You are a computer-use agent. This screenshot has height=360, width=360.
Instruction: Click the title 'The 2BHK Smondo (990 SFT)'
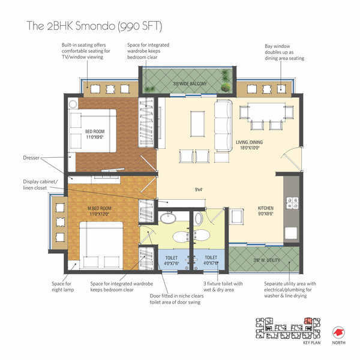[94, 26]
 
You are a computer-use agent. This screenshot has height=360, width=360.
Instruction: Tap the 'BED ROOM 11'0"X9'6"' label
[95, 134]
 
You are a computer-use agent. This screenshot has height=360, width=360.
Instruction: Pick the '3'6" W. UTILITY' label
[264, 260]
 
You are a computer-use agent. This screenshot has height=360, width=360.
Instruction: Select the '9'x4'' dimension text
[199, 190]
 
